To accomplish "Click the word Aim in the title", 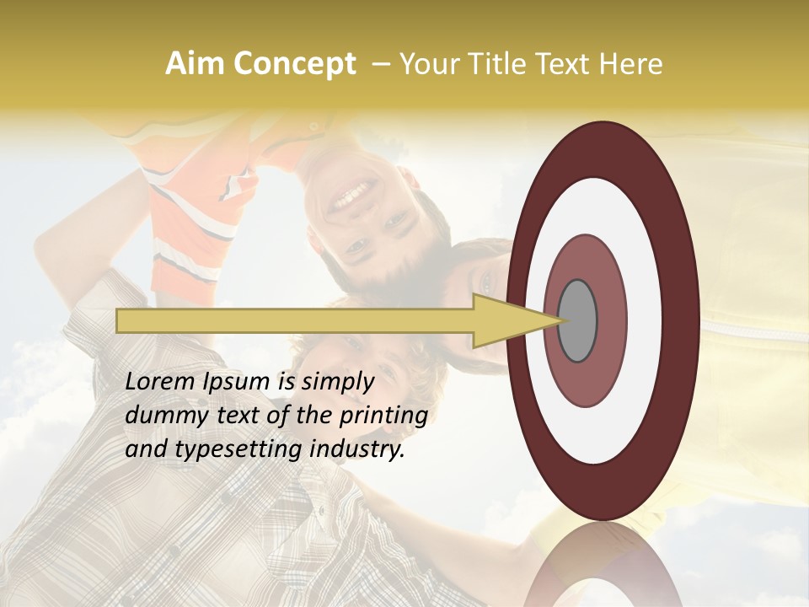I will pyautogui.click(x=195, y=64).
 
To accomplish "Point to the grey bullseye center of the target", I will pyautogui.click(x=577, y=320).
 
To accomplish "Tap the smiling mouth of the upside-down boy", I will pyautogui.click(x=346, y=201).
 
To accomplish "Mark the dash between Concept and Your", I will pyautogui.click(x=380, y=65).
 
